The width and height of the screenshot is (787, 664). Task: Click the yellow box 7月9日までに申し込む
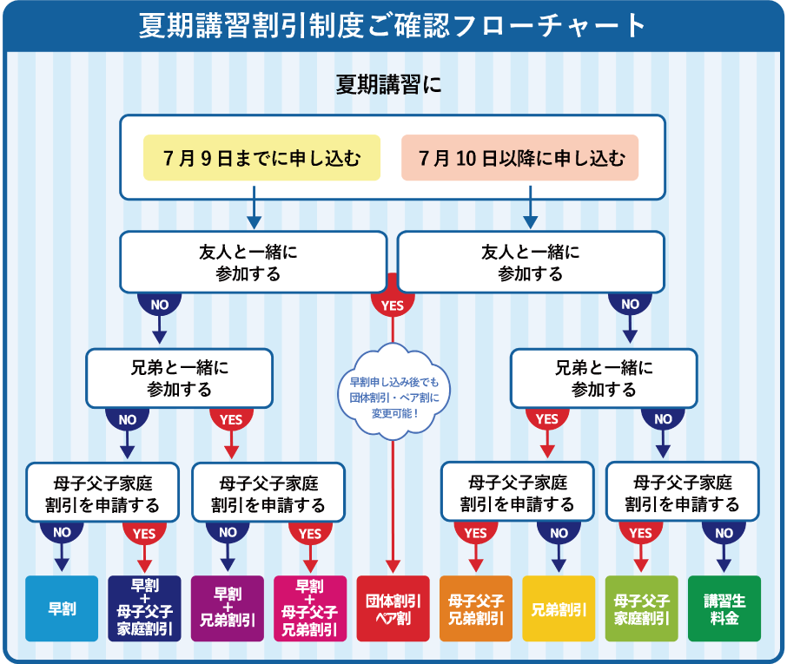click(261, 157)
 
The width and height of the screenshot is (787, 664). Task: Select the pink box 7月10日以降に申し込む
click(519, 157)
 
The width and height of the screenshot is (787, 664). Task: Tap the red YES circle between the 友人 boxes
click(393, 302)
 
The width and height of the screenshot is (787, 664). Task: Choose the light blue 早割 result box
click(62, 608)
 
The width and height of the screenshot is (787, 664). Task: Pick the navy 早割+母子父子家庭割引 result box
click(144, 608)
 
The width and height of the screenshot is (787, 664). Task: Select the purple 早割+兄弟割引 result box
click(228, 608)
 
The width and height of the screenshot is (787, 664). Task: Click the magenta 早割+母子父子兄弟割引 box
click(310, 608)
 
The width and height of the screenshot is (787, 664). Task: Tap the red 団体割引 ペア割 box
click(393, 608)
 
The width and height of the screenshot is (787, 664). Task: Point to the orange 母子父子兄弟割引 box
click(476, 608)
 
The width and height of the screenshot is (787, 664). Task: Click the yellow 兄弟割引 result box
click(559, 608)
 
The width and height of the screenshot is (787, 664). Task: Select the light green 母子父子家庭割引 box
click(641, 608)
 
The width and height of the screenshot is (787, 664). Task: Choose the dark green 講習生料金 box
click(724, 608)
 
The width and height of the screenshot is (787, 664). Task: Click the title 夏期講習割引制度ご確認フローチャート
click(392, 26)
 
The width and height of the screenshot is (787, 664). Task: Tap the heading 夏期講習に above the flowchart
click(388, 83)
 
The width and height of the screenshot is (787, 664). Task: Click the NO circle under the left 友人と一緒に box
click(160, 303)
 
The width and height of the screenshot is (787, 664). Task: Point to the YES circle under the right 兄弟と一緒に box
click(547, 417)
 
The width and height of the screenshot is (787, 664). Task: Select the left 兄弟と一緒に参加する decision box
click(179, 378)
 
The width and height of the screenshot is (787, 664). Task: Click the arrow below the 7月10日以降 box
click(531, 207)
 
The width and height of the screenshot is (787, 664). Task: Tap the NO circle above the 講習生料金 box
click(724, 531)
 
